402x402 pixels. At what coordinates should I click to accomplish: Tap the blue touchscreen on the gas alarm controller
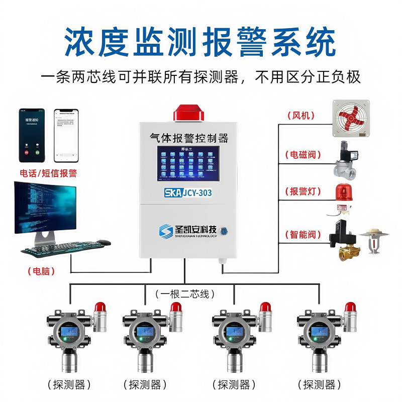point(188,163)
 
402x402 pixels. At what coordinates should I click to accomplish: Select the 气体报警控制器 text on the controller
point(189,137)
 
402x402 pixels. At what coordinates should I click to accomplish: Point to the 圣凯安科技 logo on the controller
point(188,230)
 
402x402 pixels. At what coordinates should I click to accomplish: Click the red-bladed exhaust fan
point(351,118)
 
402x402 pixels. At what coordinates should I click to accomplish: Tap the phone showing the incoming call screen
point(32,135)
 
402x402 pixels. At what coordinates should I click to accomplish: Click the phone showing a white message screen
point(67,135)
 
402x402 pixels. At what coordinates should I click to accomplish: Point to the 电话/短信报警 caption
point(48,173)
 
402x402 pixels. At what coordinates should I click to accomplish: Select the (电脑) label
point(41,271)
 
